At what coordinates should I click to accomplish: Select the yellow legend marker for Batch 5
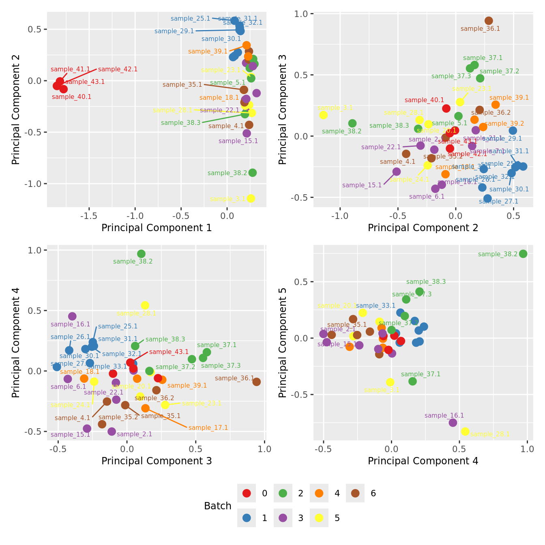[x=319, y=518]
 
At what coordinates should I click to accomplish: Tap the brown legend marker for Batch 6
[x=355, y=493]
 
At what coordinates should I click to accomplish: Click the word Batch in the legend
[x=217, y=506]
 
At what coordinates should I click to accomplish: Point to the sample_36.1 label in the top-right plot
[x=480, y=29]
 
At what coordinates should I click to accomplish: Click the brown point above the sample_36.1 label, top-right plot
[x=489, y=21]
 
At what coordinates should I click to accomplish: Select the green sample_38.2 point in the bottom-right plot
[x=523, y=254]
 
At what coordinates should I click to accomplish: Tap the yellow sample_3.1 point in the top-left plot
[x=251, y=198]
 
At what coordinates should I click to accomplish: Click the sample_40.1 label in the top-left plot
[x=71, y=97]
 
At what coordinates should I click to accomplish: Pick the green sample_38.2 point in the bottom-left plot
[x=141, y=254]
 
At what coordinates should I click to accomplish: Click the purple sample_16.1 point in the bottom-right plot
[x=453, y=423]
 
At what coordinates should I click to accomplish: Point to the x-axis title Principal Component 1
[x=157, y=228]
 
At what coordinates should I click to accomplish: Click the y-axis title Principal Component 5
[x=283, y=342]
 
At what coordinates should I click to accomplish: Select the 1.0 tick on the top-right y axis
[x=304, y=14]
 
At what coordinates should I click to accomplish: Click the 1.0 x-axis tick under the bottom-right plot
[x=527, y=449]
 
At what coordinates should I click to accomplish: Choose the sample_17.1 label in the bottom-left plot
[x=208, y=428]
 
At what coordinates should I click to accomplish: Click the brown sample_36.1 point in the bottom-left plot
[x=256, y=382]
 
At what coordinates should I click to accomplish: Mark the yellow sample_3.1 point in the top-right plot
[x=323, y=115]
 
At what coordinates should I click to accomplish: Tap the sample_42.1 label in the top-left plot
[x=118, y=69]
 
